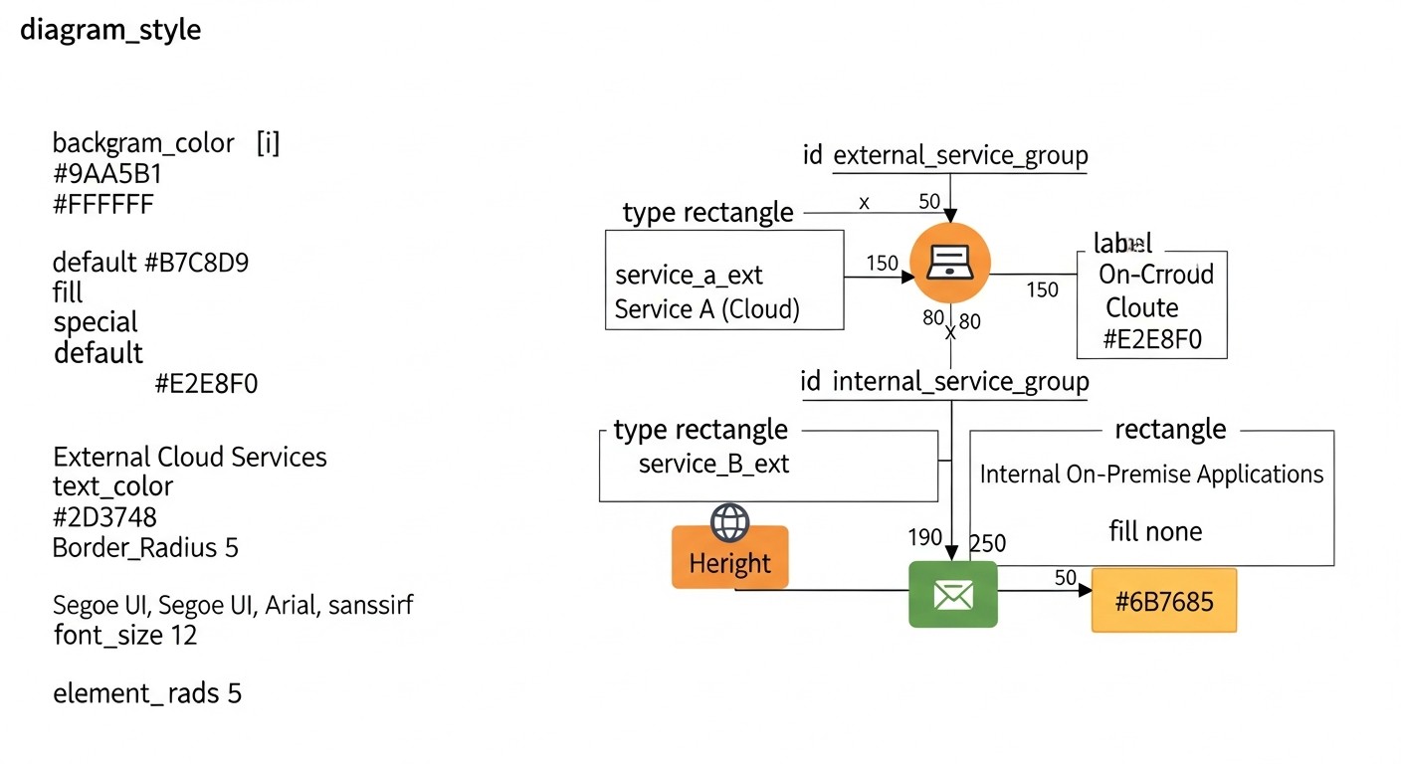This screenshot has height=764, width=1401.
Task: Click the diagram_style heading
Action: pos(110,30)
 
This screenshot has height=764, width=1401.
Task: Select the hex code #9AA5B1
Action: pos(106,174)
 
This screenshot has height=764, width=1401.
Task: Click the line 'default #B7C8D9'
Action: pos(150,264)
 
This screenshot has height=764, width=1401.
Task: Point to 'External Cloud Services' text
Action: pos(189,458)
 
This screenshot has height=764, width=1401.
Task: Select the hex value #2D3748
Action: pos(104,517)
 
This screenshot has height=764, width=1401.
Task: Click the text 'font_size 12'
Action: pos(125,635)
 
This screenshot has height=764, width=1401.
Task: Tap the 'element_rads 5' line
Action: pos(147,693)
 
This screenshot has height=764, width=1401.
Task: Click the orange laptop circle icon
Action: pos(951,263)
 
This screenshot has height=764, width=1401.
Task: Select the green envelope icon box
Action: pos(952,594)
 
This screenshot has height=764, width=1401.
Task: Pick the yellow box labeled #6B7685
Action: pos(1163,601)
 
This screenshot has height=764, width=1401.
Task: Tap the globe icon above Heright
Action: pos(729,521)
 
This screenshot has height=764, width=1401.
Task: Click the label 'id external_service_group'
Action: pos(945,156)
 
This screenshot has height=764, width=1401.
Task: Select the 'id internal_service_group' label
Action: pos(944,382)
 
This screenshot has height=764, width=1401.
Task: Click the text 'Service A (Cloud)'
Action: pos(707,309)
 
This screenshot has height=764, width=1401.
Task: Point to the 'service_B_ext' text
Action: pos(713,464)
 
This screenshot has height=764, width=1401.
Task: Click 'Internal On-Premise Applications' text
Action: pos(1151,475)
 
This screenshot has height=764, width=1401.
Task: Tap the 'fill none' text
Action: pos(1155,532)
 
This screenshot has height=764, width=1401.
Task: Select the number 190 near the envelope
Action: pos(924,538)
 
